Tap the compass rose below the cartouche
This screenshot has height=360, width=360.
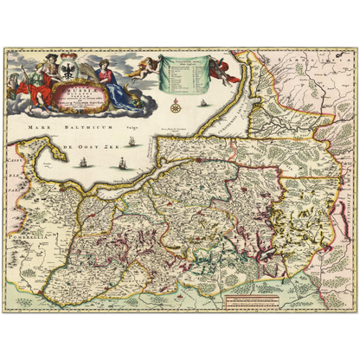[177, 107]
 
